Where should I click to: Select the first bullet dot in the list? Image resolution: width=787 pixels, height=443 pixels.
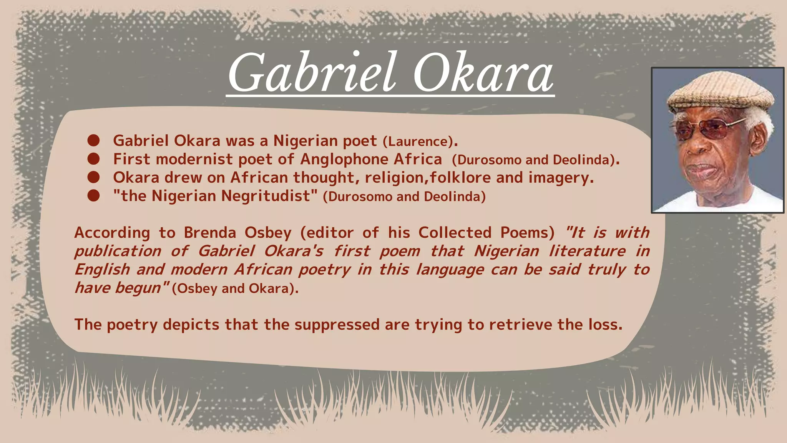[x=93, y=141]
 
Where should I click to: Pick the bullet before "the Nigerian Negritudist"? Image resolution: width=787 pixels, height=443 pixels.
[x=93, y=196]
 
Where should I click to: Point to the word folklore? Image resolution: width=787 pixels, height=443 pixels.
[x=460, y=178]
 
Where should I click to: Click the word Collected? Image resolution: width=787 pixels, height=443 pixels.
[x=455, y=233]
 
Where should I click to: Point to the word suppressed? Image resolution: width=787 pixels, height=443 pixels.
[x=337, y=325]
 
